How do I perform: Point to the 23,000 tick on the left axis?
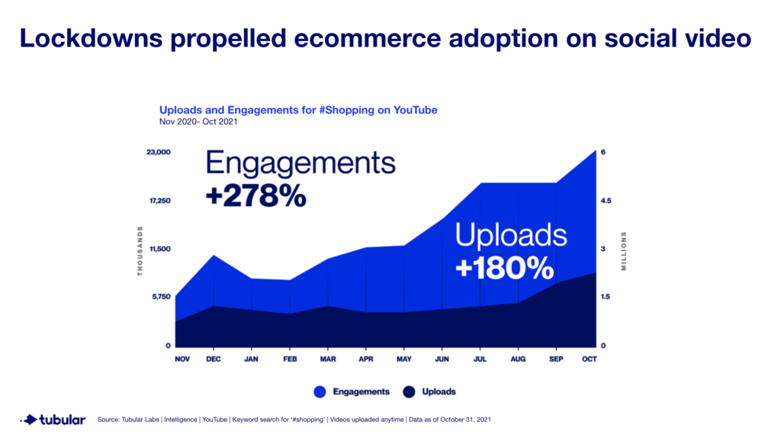pyautogui.click(x=159, y=153)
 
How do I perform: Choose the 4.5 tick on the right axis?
pyautogui.click(x=606, y=201)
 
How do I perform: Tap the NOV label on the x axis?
pyautogui.click(x=182, y=359)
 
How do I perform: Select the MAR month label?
pyautogui.click(x=328, y=359)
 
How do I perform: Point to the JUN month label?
pyautogui.click(x=442, y=359)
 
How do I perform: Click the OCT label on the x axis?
pyautogui.click(x=589, y=359)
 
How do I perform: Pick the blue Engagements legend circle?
pyautogui.click(x=320, y=392)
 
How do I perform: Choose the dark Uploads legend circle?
pyautogui.click(x=410, y=392)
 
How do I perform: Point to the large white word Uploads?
pyautogui.click(x=511, y=235)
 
